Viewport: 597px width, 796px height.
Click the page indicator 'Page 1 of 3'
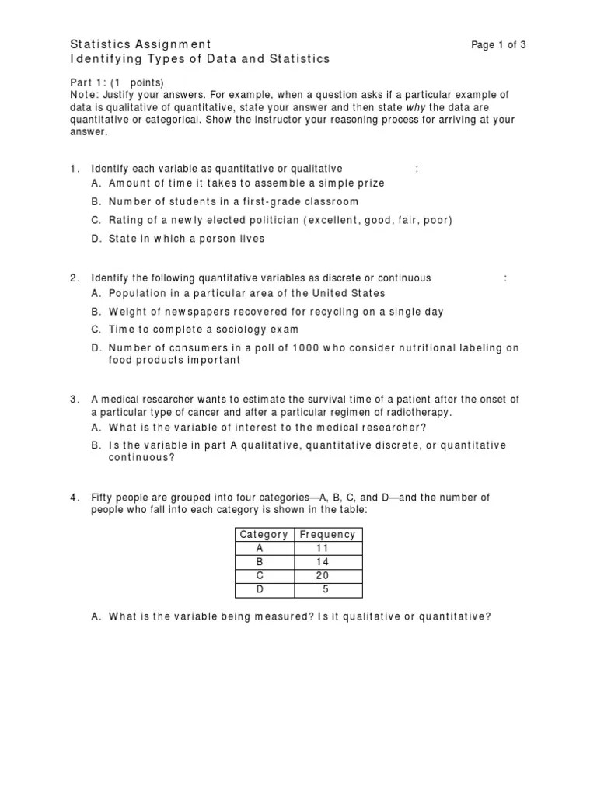(498, 44)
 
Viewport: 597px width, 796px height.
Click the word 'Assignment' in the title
(170, 44)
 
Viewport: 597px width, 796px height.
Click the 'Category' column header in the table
(264, 534)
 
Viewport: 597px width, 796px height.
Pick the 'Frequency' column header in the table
(327, 534)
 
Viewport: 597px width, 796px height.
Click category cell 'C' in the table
(260, 576)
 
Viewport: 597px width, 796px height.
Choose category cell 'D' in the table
(260, 590)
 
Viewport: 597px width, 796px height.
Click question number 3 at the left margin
(73, 400)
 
